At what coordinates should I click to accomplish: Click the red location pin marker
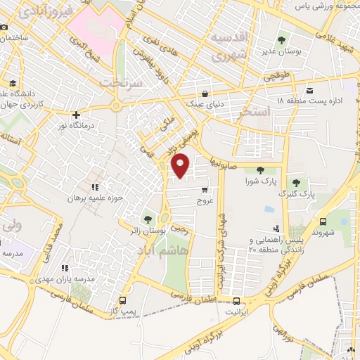tap(181, 165)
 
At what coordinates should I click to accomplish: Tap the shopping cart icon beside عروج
tap(205, 190)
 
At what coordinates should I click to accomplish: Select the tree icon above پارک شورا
tap(261, 169)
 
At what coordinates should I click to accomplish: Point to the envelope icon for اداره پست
tap(310, 89)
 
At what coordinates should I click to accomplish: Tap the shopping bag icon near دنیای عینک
tap(205, 93)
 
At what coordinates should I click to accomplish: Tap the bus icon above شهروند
tap(323, 221)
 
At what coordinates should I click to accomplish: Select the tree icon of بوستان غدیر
tap(281, 40)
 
